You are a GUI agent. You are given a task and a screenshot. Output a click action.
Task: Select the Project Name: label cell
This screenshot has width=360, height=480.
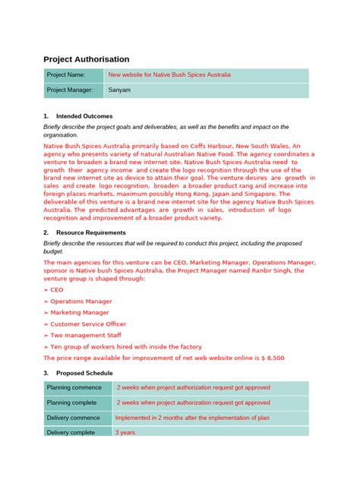(66, 75)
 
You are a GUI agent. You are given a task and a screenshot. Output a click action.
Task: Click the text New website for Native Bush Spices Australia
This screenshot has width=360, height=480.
(169, 75)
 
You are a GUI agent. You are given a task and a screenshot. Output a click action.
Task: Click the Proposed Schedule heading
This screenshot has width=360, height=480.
(84, 373)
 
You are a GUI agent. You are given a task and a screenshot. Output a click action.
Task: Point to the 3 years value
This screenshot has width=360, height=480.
(126, 432)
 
